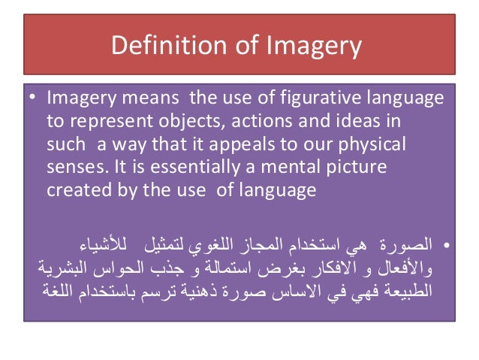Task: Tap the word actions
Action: tap(262, 121)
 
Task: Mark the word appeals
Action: tap(275, 144)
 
